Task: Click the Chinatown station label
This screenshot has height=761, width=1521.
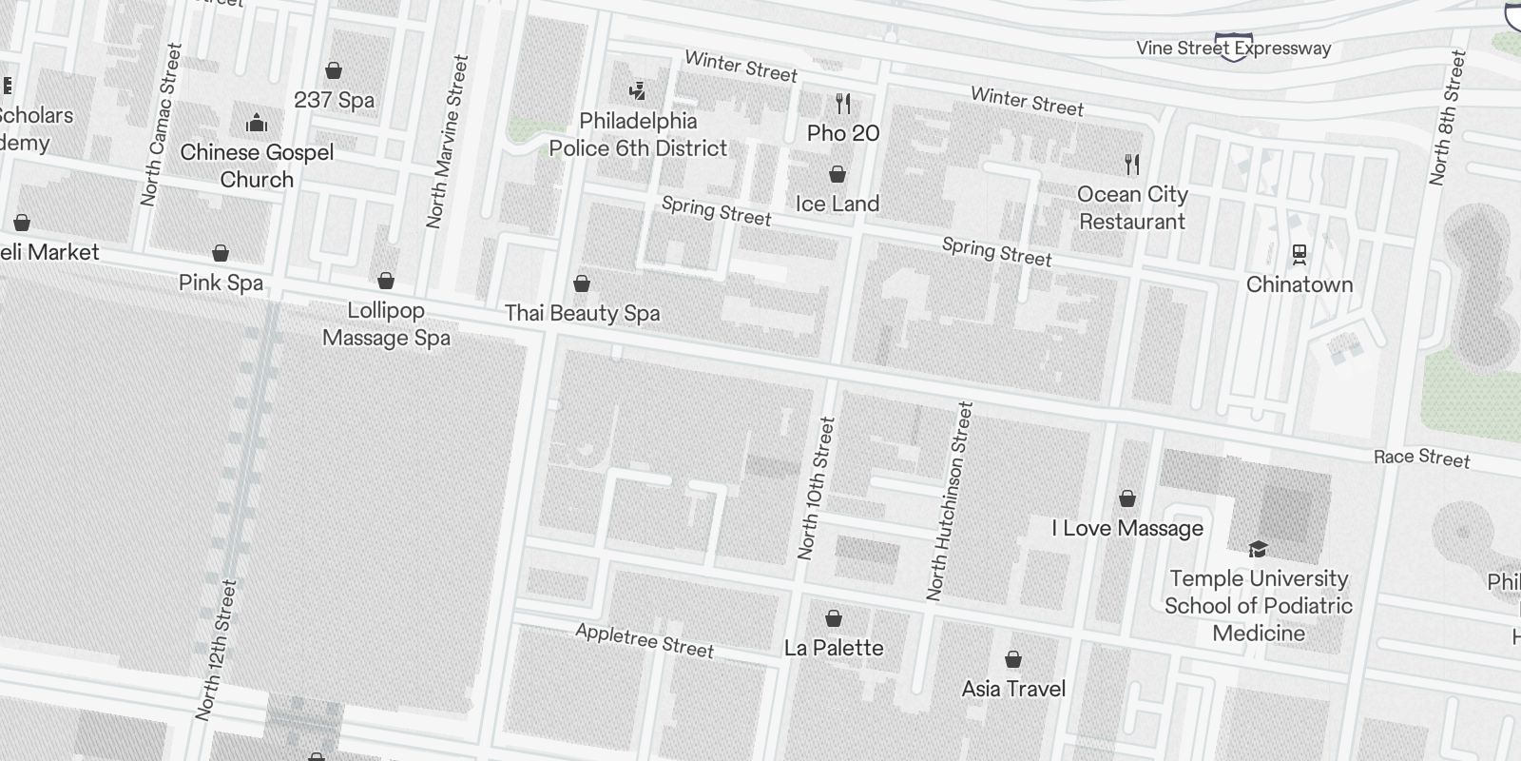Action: [1299, 284]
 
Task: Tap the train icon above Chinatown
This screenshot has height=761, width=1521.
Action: [1299, 254]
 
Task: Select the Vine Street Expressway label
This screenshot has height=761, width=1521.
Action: [1233, 48]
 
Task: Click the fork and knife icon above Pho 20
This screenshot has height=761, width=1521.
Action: [843, 103]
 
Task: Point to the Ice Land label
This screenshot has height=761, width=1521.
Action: [837, 204]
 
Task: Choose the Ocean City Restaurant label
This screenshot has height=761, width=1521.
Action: [1132, 208]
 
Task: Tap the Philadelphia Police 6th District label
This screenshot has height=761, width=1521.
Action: [638, 135]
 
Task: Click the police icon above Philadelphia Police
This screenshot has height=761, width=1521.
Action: [638, 90]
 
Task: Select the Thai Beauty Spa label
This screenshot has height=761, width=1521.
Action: [582, 313]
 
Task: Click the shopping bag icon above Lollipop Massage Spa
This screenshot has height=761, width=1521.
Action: [386, 281]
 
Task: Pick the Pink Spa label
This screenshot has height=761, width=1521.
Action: [221, 283]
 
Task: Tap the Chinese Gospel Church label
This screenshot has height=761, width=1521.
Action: [257, 166]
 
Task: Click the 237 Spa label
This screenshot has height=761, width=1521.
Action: [334, 100]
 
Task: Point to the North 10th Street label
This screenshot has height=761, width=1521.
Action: [816, 488]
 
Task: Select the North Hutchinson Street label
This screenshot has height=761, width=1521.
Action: [950, 501]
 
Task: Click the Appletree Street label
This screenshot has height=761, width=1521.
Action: [645, 641]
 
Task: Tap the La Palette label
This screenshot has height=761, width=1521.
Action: [834, 648]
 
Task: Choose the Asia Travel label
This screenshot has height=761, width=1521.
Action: [1013, 689]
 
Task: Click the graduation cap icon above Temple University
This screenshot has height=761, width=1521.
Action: [1258, 549]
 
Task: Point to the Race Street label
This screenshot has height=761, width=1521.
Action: [1421, 458]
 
